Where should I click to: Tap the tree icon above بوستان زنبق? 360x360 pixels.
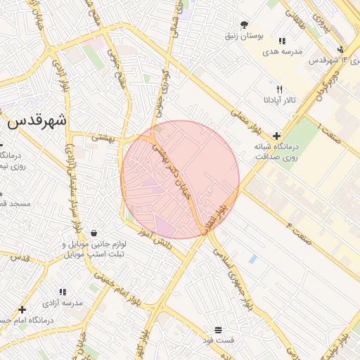pyautogui.click(x=244, y=24)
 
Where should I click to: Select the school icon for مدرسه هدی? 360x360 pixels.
pyautogui.click(x=282, y=41)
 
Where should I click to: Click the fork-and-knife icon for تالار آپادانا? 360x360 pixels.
pyautogui.click(x=279, y=89)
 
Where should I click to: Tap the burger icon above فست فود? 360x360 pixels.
pyautogui.click(x=218, y=330)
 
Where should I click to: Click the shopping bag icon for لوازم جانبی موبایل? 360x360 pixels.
pyautogui.click(x=94, y=233)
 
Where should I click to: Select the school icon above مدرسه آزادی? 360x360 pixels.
pyautogui.click(x=63, y=292)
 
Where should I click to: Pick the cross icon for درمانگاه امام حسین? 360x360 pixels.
pyautogui.click(x=22, y=309)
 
